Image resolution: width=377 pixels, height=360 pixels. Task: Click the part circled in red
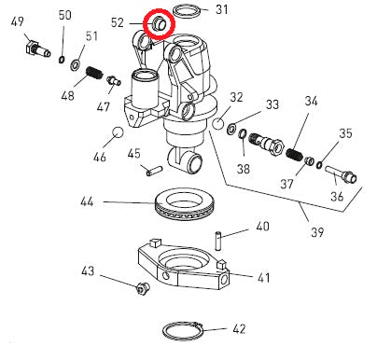(x=159, y=24)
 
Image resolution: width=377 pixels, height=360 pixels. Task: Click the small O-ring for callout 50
(x=62, y=60)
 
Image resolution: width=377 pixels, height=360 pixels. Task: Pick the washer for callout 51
(x=76, y=65)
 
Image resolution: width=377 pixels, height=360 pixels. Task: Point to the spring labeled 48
(x=94, y=73)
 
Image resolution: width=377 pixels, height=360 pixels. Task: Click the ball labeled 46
(x=118, y=132)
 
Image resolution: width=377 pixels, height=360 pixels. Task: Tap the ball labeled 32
(x=218, y=123)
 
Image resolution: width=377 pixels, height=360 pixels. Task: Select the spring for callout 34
(x=294, y=155)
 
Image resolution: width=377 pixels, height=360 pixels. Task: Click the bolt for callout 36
(x=342, y=174)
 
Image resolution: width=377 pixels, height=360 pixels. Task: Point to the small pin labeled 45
(x=154, y=171)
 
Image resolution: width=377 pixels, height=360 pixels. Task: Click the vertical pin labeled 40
(x=218, y=240)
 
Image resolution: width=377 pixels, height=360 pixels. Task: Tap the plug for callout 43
(x=143, y=288)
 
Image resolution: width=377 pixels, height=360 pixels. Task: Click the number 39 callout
(x=317, y=232)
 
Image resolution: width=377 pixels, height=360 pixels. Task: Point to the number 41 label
(x=264, y=278)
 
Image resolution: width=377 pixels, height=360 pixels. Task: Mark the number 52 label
(x=118, y=22)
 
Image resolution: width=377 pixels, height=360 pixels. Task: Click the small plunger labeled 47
(x=114, y=80)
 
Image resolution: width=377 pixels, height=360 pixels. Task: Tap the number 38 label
(x=244, y=169)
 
